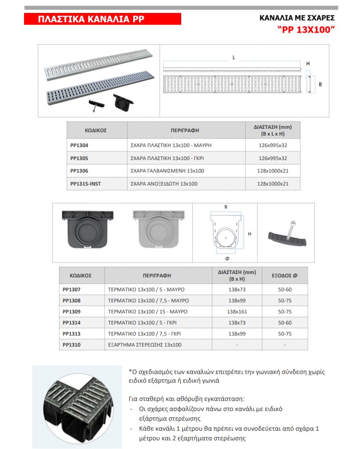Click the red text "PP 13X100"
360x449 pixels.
[x=306, y=29]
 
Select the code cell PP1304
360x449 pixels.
[x=79, y=145]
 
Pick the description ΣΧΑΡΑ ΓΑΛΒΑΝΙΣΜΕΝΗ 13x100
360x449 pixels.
[x=168, y=171]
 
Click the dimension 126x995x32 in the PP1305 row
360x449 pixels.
[x=273, y=158]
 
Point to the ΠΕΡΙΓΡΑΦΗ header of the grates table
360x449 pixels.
[x=185, y=130]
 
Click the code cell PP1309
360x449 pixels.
[x=72, y=312]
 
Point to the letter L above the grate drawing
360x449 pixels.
[x=234, y=57]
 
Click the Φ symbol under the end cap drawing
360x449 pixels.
[x=227, y=258]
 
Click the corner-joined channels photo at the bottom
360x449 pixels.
[x=77, y=406]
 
